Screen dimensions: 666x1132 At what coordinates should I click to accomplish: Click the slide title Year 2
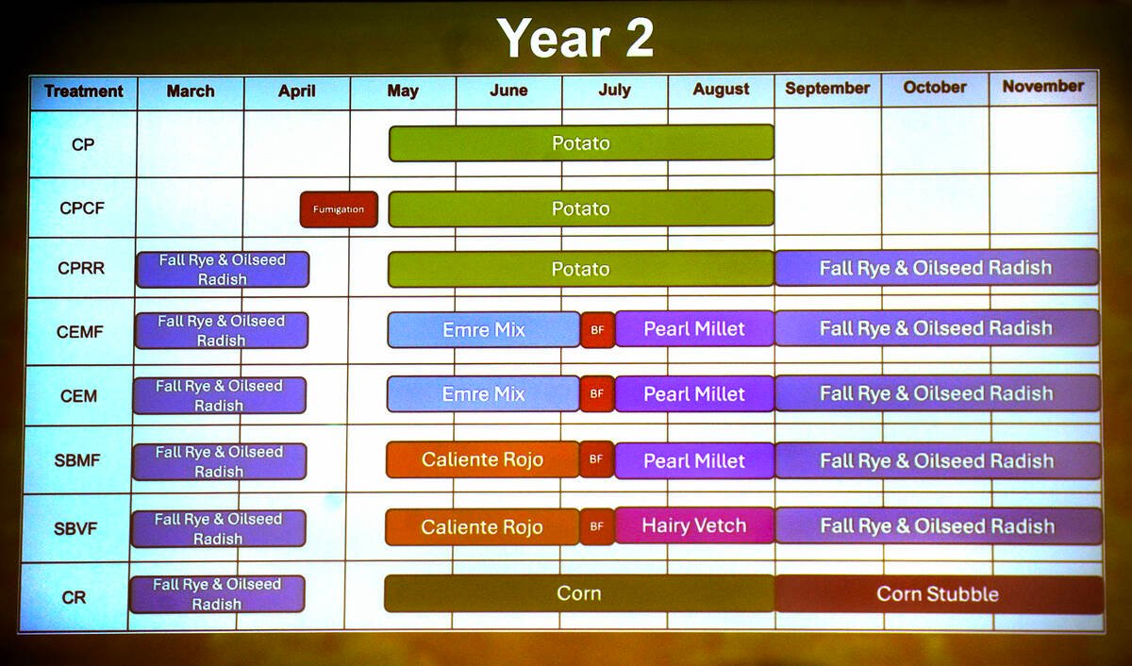(x=575, y=38)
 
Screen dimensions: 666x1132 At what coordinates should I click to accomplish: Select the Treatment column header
(x=83, y=92)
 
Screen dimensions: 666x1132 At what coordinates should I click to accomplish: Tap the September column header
(x=827, y=88)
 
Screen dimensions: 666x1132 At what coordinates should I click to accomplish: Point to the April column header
(x=296, y=92)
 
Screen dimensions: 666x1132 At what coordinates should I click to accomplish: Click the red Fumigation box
(x=339, y=209)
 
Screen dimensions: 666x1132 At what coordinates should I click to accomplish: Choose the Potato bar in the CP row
(x=581, y=143)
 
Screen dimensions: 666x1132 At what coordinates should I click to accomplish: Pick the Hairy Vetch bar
(x=693, y=525)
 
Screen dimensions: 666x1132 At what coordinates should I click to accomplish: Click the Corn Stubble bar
(x=939, y=594)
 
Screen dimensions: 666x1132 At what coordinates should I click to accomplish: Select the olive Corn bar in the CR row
(x=578, y=593)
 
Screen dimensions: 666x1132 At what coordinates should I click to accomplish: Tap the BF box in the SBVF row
(x=596, y=526)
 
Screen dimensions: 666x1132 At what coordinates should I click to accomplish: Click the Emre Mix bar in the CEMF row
(x=483, y=330)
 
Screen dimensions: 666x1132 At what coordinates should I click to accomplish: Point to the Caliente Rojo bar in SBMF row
(x=482, y=460)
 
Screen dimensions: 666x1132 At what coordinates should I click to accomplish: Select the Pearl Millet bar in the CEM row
(x=693, y=394)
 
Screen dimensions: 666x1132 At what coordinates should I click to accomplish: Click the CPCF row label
(x=83, y=208)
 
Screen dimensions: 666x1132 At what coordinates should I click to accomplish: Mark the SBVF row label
(x=78, y=527)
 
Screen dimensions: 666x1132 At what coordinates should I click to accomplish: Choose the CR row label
(x=75, y=597)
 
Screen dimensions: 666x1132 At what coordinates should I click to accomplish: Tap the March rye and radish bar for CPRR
(x=223, y=269)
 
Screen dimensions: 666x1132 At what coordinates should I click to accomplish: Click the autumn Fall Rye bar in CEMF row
(x=936, y=328)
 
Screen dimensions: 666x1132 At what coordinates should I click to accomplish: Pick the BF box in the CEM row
(x=596, y=394)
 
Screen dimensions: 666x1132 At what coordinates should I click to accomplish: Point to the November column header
(x=1042, y=86)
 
